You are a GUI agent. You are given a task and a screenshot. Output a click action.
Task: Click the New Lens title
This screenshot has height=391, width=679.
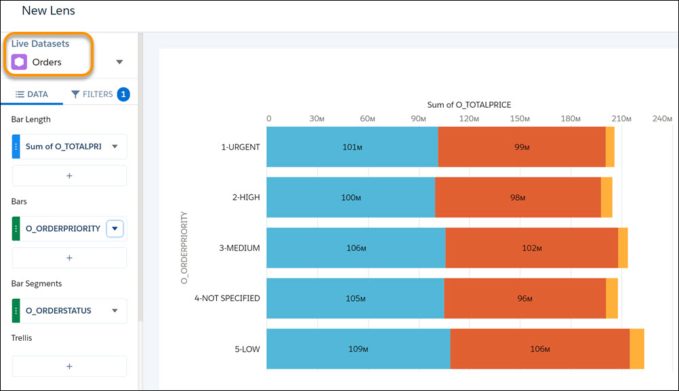48,11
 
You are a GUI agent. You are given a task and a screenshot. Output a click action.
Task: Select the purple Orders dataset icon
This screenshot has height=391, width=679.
20,62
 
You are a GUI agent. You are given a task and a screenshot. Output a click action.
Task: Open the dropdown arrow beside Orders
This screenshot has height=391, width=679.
119,62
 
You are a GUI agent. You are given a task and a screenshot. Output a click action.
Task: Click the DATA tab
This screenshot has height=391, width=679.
32,94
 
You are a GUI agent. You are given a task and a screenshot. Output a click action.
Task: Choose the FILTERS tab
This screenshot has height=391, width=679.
91,94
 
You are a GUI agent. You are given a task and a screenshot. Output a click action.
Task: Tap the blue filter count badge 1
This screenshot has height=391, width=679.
123,94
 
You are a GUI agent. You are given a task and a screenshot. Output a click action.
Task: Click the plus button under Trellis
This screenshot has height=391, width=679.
69,366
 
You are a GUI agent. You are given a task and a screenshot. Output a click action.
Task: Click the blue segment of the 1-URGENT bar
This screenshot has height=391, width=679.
352,146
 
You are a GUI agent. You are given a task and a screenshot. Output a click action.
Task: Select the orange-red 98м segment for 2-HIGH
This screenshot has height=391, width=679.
518,197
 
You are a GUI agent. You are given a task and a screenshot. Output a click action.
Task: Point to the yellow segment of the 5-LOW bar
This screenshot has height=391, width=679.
636,349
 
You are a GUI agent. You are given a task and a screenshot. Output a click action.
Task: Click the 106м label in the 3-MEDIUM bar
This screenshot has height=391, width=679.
356,248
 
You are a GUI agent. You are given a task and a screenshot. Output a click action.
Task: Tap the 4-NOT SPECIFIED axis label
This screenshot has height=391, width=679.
227,298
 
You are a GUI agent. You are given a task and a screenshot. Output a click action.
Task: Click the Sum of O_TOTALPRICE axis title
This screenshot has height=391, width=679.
469,105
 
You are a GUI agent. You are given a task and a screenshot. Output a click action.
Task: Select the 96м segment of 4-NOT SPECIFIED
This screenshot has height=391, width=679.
524,298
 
